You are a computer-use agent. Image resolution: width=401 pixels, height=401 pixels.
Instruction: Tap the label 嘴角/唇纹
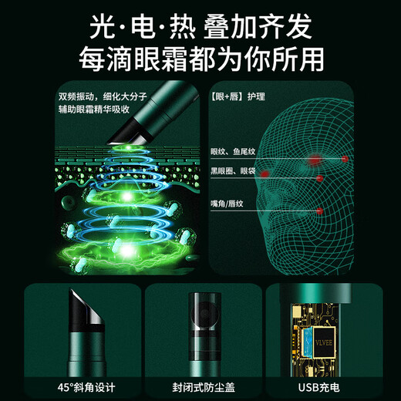pos(230,203)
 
